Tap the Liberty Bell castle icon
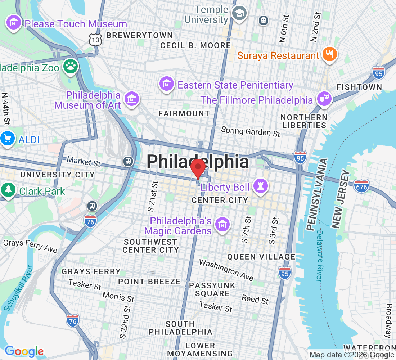point(258,186)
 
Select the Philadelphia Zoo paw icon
point(71,66)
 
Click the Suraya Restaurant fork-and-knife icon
point(329,55)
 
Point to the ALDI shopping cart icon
point(8,139)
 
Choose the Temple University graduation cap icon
point(238,14)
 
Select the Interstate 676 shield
point(361,186)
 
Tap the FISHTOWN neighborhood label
point(359,87)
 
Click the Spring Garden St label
point(251,131)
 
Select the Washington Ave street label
point(226,270)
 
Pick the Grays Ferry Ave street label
point(30,246)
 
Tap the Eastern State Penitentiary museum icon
point(167,85)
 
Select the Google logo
point(24,351)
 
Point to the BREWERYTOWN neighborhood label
point(140,35)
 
